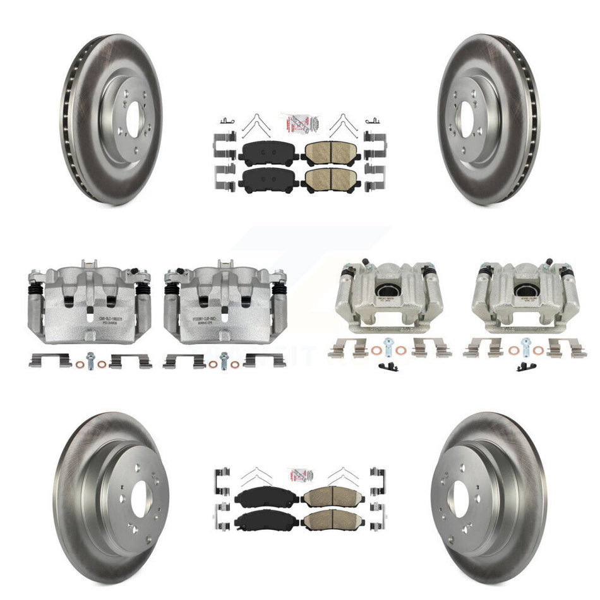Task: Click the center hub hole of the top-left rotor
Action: (x=131, y=119)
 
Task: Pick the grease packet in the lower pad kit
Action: (x=300, y=473)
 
